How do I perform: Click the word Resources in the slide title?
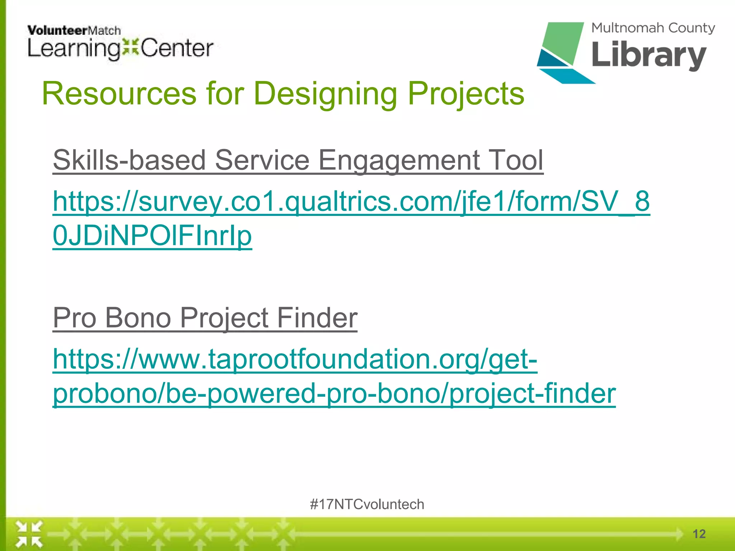[x=119, y=94]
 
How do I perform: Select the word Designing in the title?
[x=325, y=94]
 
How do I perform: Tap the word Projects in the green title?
[x=465, y=94]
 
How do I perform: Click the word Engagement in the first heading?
[x=399, y=160]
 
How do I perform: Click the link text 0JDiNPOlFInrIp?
[x=152, y=236]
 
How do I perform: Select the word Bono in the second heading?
[x=138, y=318]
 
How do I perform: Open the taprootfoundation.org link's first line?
[x=295, y=359]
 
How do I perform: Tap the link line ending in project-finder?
[x=334, y=394]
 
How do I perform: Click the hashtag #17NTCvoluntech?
[x=367, y=504]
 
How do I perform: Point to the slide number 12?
[x=699, y=534]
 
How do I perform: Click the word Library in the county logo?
[x=649, y=55]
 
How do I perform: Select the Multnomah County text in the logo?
[x=653, y=28]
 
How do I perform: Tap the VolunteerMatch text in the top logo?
[x=74, y=30]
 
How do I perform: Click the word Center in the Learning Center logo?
[x=177, y=49]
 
